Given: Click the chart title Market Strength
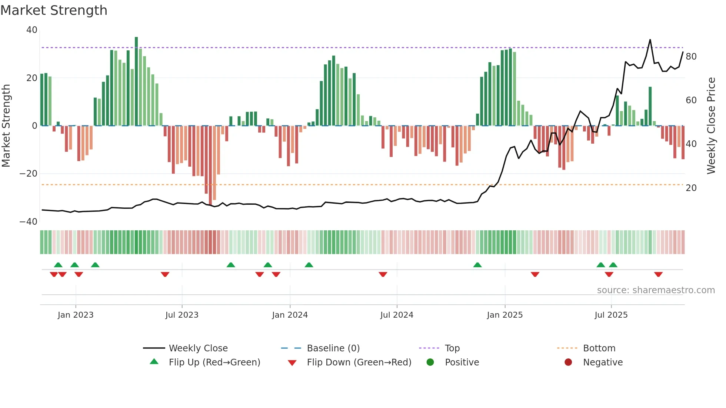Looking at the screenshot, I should click(54, 10).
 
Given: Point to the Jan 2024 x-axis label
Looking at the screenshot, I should click(290, 315).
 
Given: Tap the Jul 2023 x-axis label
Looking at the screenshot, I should click(182, 315).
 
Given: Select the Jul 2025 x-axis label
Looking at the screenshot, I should click(611, 315).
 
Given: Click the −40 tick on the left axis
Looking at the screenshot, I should click(29, 222).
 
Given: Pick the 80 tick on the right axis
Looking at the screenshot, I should click(691, 57).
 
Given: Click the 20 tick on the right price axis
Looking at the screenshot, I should click(691, 188).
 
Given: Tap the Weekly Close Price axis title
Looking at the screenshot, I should click(711, 126).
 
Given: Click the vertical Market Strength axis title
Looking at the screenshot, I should click(6, 126).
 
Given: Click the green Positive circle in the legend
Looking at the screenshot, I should click(430, 362).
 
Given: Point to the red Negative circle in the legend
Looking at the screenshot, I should click(568, 362).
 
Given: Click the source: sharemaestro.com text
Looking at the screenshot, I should click(656, 290).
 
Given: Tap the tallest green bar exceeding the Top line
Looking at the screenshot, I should click(136, 81).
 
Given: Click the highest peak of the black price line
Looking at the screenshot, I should click(650, 40).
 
